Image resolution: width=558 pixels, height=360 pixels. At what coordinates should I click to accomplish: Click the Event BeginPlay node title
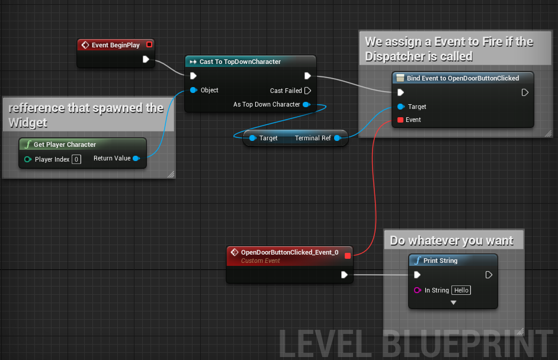click(116, 45)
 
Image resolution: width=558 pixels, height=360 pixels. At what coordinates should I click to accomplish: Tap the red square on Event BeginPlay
click(149, 44)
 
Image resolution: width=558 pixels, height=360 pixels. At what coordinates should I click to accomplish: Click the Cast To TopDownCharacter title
click(240, 62)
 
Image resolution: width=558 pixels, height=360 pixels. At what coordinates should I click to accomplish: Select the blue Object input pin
click(193, 91)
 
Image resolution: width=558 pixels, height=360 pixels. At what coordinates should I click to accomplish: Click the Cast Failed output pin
click(307, 91)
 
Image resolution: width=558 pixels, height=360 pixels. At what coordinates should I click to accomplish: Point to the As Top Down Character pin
click(306, 105)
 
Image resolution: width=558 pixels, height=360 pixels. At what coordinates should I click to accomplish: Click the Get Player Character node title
click(65, 144)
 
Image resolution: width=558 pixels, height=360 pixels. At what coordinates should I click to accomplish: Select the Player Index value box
click(76, 159)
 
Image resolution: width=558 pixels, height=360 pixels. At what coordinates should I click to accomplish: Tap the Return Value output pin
click(136, 158)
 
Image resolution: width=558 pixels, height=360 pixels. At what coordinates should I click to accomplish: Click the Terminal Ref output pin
click(337, 138)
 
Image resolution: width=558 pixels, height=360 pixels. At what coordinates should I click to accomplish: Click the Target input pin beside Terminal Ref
click(252, 138)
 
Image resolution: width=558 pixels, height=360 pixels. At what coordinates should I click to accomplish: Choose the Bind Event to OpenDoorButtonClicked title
click(463, 78)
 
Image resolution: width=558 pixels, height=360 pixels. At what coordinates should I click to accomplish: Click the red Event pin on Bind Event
click(400, 120)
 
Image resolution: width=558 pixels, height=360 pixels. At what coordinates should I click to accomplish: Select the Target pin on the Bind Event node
click(400, 107)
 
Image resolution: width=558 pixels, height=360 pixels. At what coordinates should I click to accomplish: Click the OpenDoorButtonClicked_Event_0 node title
click(290, 252)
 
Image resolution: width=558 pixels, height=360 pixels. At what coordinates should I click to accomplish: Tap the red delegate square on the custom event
click(348, 256)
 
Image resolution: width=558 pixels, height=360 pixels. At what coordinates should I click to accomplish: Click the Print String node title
click(440, 261)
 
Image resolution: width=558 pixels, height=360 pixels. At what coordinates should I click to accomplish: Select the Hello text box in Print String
click(461, 290)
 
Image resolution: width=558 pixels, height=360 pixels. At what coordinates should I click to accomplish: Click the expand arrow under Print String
click(453, 303)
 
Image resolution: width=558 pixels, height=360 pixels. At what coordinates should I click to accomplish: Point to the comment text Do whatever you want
click(451, 240)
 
